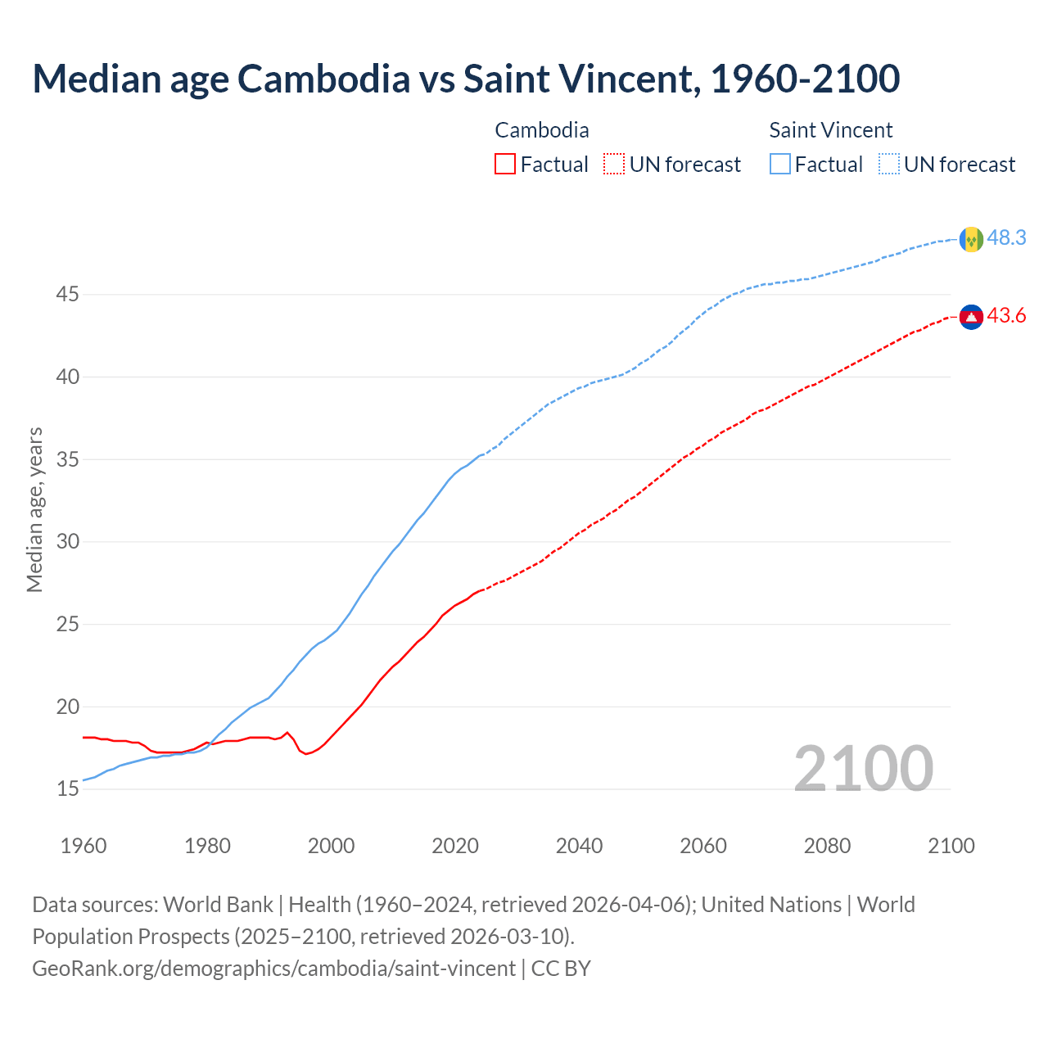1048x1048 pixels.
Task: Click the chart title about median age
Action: (466, 79)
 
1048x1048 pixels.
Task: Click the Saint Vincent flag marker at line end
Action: (971, 239)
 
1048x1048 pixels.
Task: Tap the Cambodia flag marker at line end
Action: (971, 317)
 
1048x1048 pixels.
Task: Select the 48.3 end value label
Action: (1006, 238)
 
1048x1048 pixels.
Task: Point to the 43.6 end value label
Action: (1006, 316)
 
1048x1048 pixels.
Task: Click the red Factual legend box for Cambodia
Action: (505, 165)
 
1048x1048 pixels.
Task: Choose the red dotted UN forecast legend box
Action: (614, 165)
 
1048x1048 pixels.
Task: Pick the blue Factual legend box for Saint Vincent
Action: (780, 165)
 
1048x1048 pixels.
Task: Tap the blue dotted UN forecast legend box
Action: (888, 165)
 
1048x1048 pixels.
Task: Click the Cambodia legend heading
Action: (541, 130)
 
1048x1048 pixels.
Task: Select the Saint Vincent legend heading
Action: (830, 130)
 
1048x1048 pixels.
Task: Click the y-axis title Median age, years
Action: (34, 509)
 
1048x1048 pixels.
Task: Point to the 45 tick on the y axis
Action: (67, 294)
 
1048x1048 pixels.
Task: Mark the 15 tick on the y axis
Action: (67, 789)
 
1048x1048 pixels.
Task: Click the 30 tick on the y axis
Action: (67, 542)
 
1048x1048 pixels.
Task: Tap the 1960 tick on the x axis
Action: (84, 846)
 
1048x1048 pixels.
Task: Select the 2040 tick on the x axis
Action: (579, 846)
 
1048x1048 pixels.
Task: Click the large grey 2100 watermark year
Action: (863, 768)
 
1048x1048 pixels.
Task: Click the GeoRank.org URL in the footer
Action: (273, 969)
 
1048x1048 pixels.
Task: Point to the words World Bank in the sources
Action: (218, 905)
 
